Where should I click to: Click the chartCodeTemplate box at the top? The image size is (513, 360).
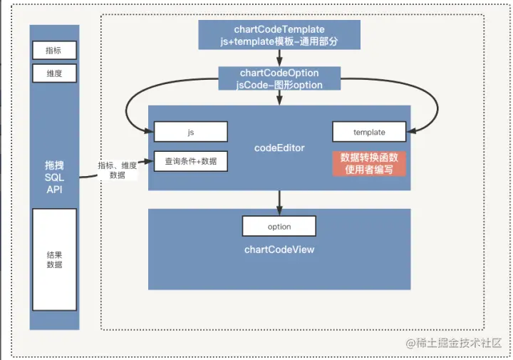pos(279,35)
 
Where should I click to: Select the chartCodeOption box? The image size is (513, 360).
pos(279,78)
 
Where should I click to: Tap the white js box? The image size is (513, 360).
pos(191,132)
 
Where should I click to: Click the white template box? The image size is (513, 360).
pos(369,132)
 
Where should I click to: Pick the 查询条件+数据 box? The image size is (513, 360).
pos(191,161)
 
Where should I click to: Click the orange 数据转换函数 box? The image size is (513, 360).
pos(369,163)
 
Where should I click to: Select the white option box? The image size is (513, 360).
pos(279,226)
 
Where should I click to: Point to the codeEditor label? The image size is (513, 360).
pos(279,148)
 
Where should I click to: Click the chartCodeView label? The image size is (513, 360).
pos(279,250)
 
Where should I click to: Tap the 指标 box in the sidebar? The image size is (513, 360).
pos(54,51)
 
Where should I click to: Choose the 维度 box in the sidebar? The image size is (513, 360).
pos(54,73)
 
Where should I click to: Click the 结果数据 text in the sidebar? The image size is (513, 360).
pos(54,259)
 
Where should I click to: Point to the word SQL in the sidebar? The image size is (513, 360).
pos(54,178)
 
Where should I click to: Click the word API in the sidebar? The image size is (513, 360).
pos(54,190)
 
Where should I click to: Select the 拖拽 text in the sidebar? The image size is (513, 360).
pos(54,165)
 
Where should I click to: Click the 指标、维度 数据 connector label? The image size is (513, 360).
pos(117,170)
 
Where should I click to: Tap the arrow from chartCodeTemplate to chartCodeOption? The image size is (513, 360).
pos(279,58)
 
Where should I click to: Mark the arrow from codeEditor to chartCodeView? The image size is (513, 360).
pos(279,202)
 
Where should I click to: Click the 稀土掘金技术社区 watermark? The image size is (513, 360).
pos(453,343)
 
